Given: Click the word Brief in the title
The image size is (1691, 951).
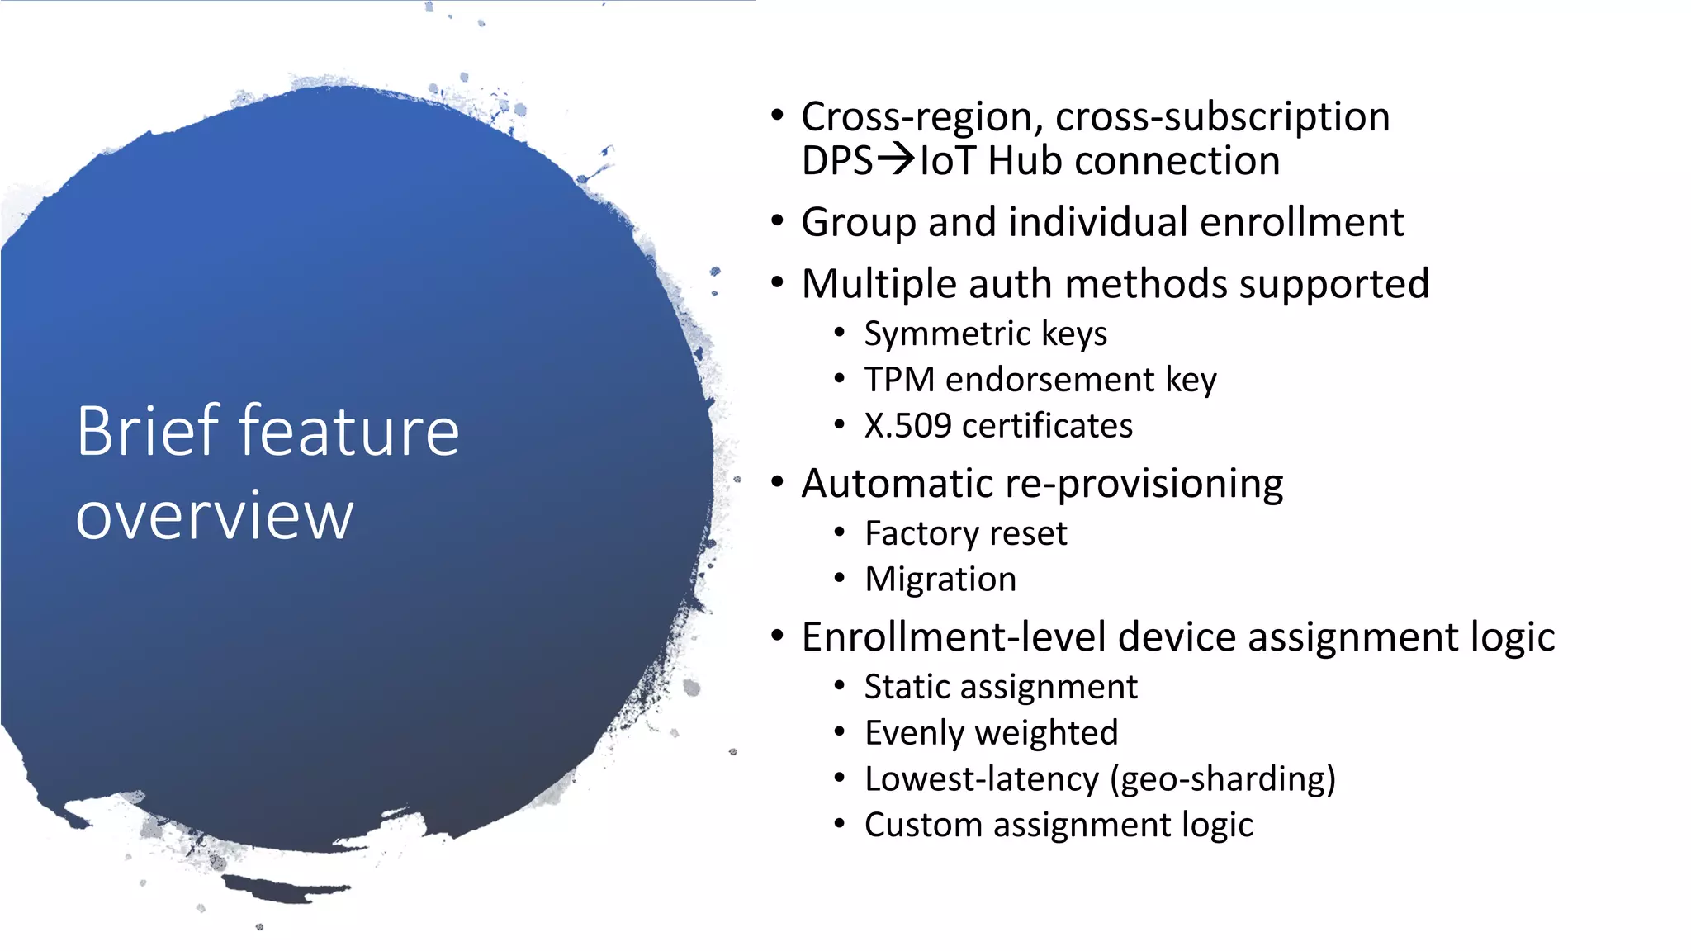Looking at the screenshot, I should coord(149,431).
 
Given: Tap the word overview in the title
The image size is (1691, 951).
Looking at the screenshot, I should coord(215,517).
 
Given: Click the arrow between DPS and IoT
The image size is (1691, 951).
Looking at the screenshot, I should coord(896,158).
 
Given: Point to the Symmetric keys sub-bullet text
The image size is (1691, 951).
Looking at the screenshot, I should coord(985,334).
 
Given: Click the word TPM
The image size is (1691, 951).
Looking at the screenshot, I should coord(899,380).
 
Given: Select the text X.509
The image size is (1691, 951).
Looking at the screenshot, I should coord(907,426).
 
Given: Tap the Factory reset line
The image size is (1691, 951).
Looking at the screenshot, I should coord(965,534).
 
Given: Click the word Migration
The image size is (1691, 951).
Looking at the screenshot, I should coord(940,580).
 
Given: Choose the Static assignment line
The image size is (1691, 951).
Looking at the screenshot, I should coord(1001,687).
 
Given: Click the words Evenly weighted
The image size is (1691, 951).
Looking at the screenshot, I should coord(991,733).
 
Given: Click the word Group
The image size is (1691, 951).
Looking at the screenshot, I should coord(858,223).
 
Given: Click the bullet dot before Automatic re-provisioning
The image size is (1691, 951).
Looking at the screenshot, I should coord(777,481).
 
